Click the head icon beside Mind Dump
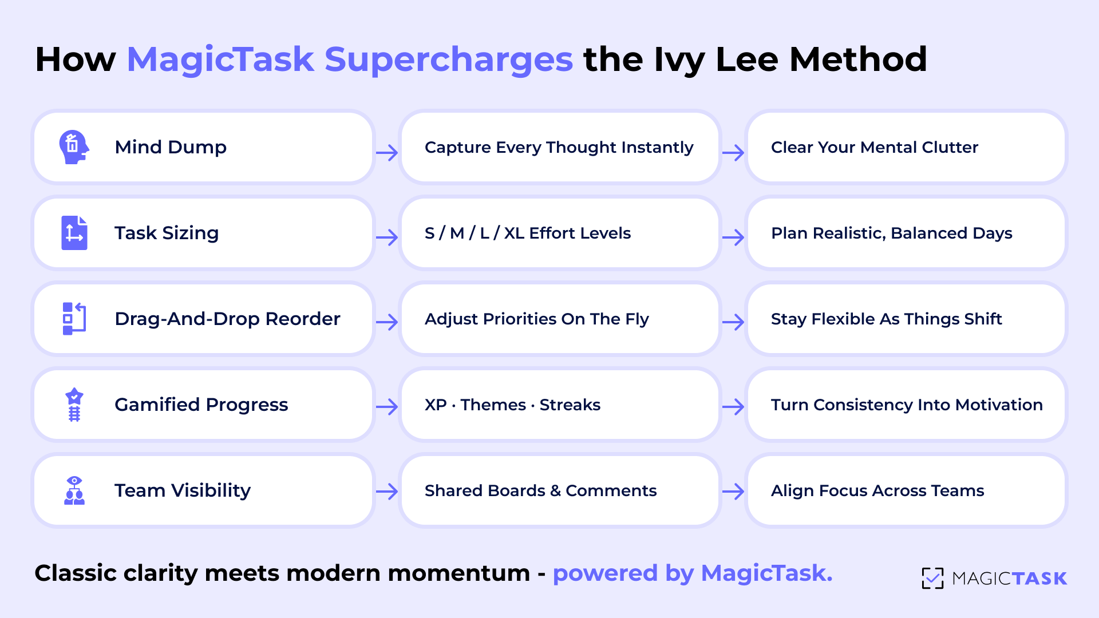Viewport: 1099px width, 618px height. [74, 147]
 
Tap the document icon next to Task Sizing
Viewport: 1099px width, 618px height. [74, 233]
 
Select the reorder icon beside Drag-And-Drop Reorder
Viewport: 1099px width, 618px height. [74, 319]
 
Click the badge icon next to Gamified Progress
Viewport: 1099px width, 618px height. [74, 405]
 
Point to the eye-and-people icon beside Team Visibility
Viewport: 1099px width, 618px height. [74, 490]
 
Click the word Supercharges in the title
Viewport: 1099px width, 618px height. [448, 60]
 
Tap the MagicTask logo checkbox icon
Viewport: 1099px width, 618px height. [932, 578]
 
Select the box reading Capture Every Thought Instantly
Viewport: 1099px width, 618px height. [559, 148]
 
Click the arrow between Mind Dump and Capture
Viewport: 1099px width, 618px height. [387, 153]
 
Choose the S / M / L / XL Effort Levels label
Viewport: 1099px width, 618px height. [527, 233]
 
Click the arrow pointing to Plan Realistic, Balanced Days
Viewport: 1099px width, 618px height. [733, 237]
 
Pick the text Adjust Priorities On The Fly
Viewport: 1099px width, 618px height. [536, 319]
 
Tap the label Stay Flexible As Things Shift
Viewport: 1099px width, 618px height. [886, 319]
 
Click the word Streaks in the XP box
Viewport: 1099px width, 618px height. [570, 405]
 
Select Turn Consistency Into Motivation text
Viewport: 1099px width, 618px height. [906, 405]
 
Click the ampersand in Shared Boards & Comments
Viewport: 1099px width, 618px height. [555, 491]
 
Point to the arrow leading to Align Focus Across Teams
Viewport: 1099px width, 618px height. [733, 492]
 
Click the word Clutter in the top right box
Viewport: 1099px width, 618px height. [950, 148]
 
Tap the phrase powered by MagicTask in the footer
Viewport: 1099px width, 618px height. [692, 573]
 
